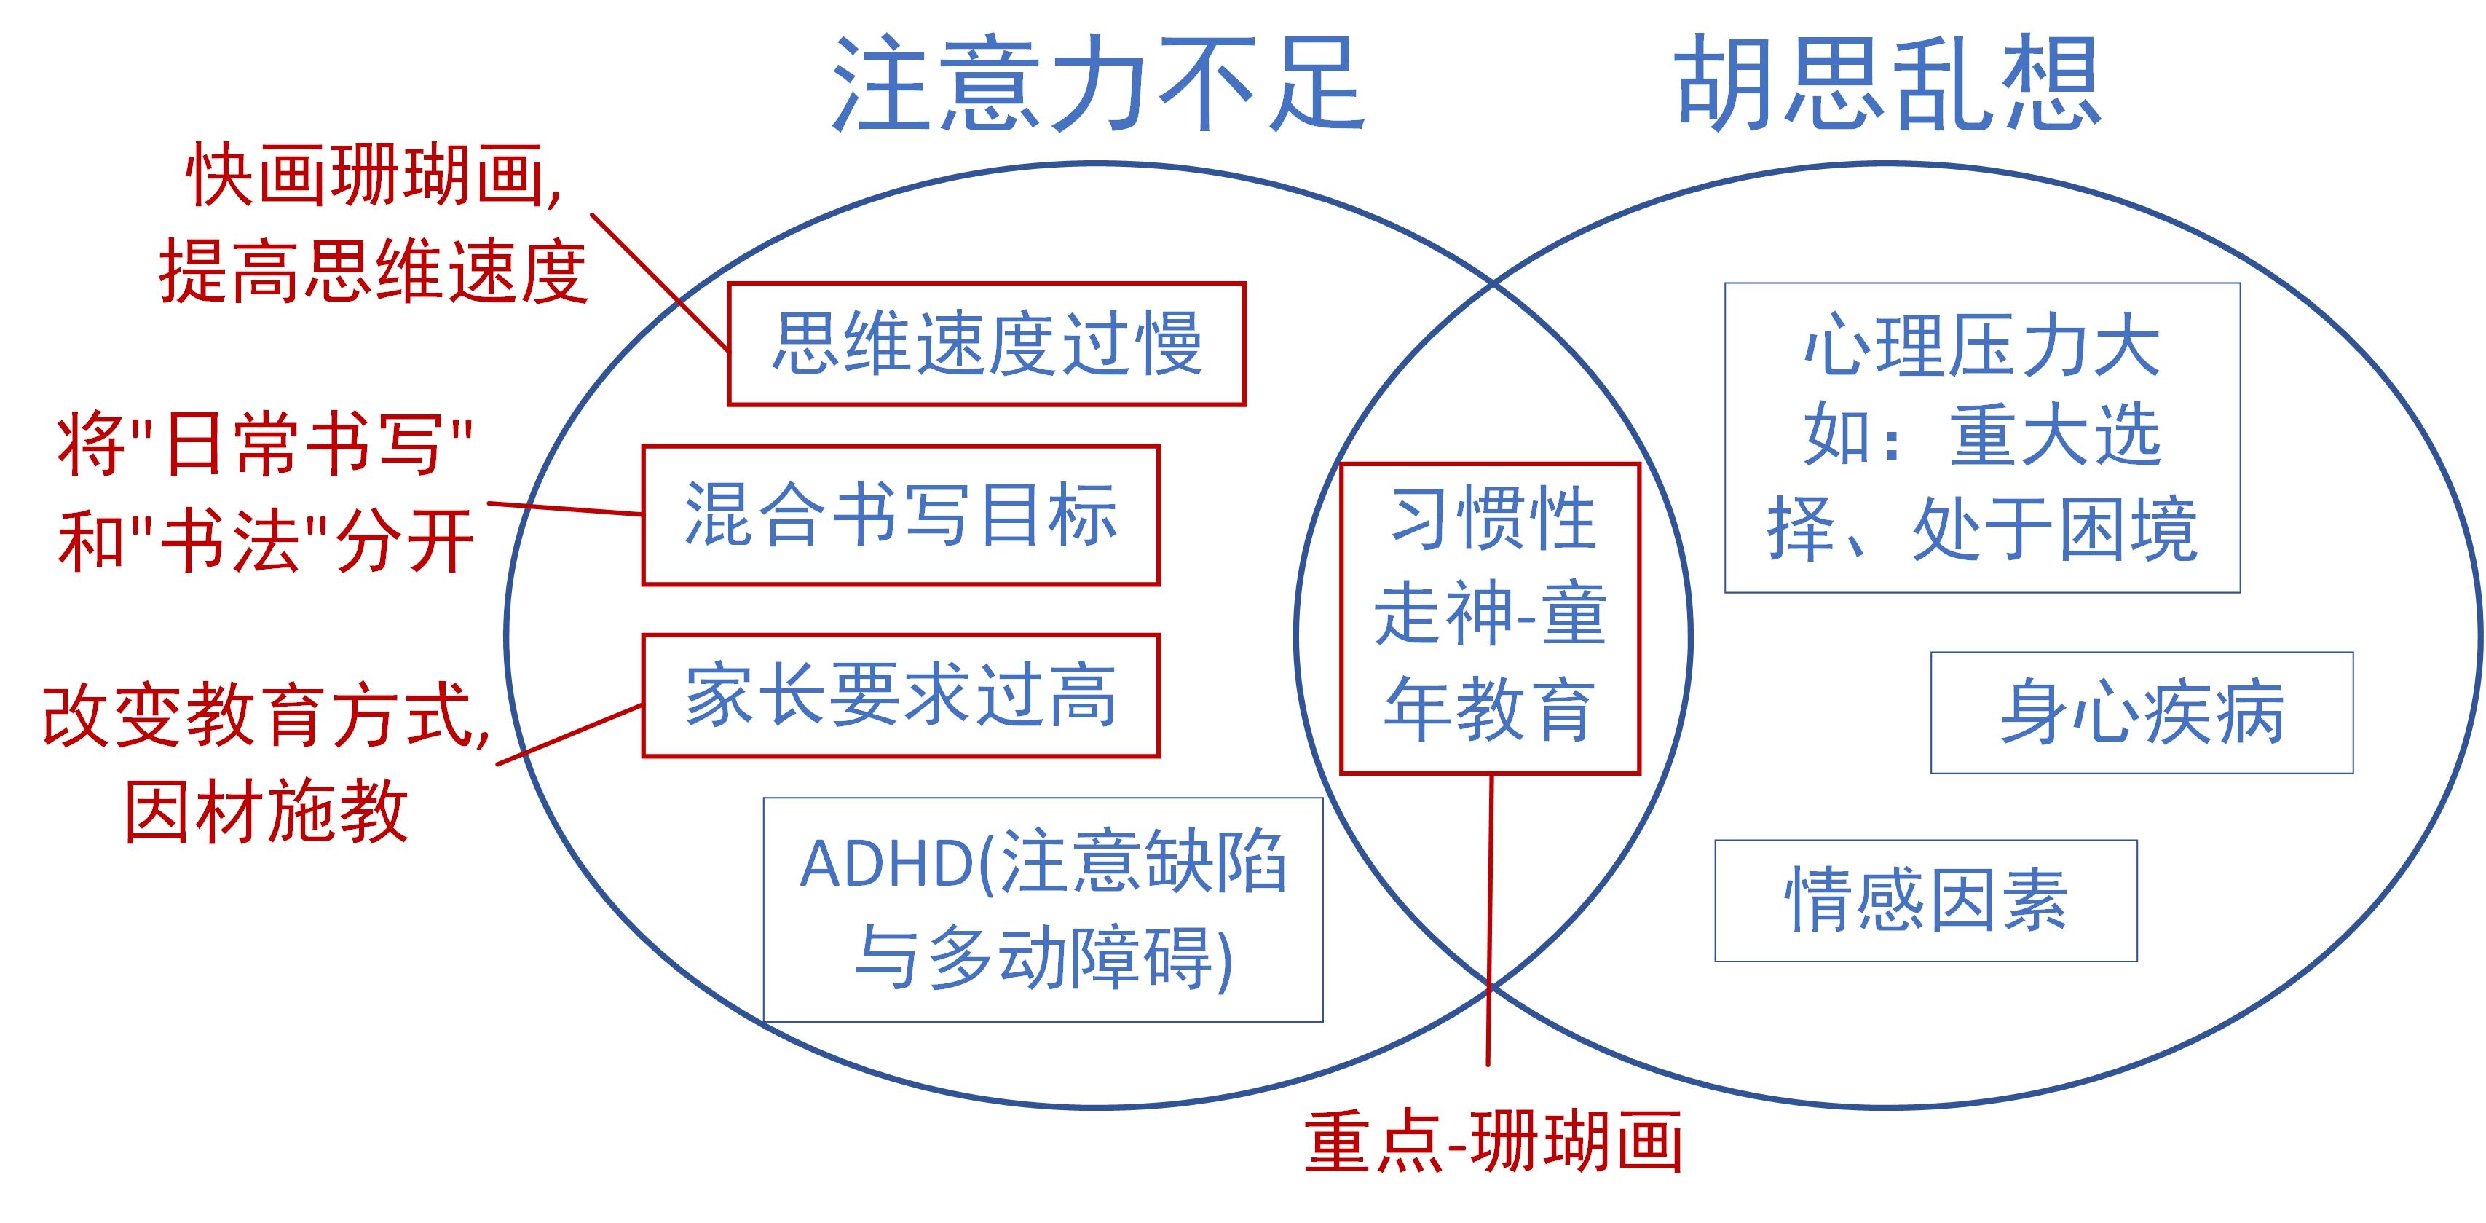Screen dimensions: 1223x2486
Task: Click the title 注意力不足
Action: [x=1097, y=85]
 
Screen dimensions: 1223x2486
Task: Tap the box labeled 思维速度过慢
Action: [x=986, y=344]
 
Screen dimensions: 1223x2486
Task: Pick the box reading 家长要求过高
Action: [x=901, y=696]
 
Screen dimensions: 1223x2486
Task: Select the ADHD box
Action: [x=1042, y=909]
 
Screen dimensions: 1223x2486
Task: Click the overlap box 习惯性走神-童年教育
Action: [x=1490, y=618]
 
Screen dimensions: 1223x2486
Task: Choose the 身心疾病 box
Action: [x=2142, y=713]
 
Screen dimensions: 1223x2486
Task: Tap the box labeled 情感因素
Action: [x=1925, y=900]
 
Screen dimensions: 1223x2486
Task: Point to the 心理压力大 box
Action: [x=1982, y=437]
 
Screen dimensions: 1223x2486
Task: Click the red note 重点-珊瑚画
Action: [x=1493, y=1143]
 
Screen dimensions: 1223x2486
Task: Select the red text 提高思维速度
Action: [x=374, y=272]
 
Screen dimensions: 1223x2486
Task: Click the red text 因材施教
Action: [x=267, y=811]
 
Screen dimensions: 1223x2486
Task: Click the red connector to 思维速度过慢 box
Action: [x=659, y=280]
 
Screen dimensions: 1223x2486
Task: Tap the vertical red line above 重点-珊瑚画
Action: [x=1490, y=917]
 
